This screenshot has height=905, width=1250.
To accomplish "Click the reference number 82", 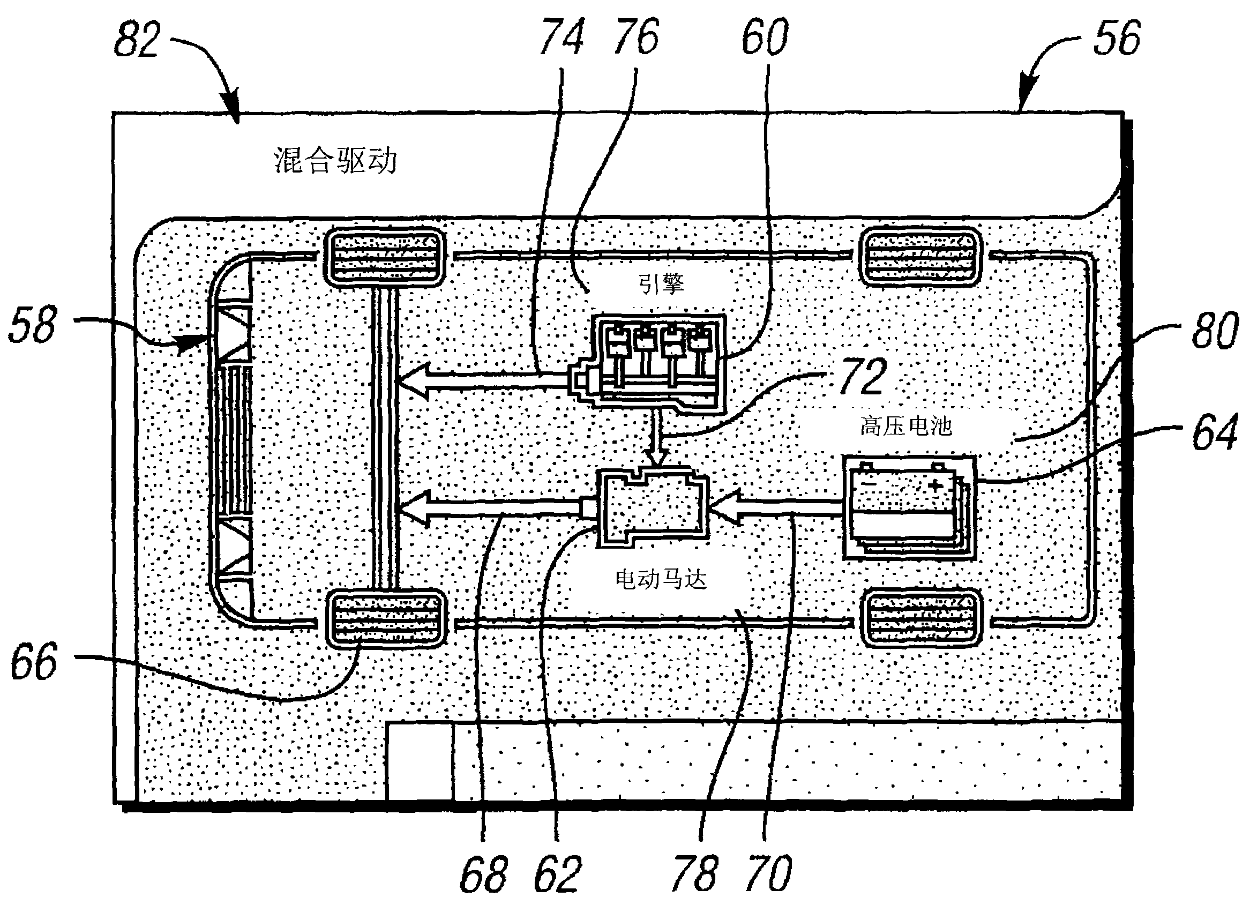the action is point(137,40).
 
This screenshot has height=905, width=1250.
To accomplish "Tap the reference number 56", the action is point(1117,38).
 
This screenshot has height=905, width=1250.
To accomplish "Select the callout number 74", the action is point(562,37).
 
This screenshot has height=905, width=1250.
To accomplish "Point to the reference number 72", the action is point(863,376).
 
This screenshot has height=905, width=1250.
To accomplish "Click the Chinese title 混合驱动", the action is point(335,161).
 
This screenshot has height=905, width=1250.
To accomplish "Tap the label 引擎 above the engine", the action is point(661,285).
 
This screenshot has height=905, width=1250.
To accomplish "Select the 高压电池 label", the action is point(906,426).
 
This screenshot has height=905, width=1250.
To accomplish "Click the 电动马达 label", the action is point(661,580).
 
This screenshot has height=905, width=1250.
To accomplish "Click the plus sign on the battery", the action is point(935,485).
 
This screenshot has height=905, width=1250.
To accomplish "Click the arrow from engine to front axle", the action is point(483,380).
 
